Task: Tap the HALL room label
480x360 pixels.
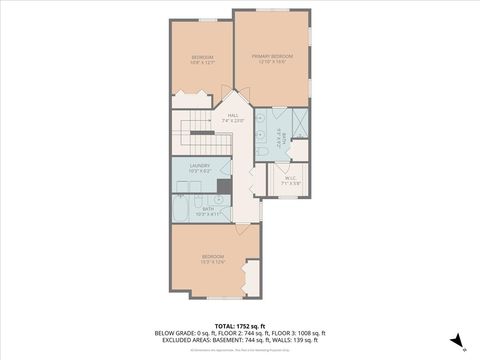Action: [232, 118]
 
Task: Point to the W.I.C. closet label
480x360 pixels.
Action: [290, 180]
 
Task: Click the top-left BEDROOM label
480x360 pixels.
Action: [201, 60]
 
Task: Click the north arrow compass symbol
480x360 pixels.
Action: [456, 340]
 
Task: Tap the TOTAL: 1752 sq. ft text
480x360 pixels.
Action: [239, 325]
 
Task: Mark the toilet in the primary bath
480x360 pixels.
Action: [261, 151]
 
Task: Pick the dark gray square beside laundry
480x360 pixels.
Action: [224, 185]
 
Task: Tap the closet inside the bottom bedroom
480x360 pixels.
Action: [252, 277]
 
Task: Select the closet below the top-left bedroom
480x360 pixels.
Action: [191, 100]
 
